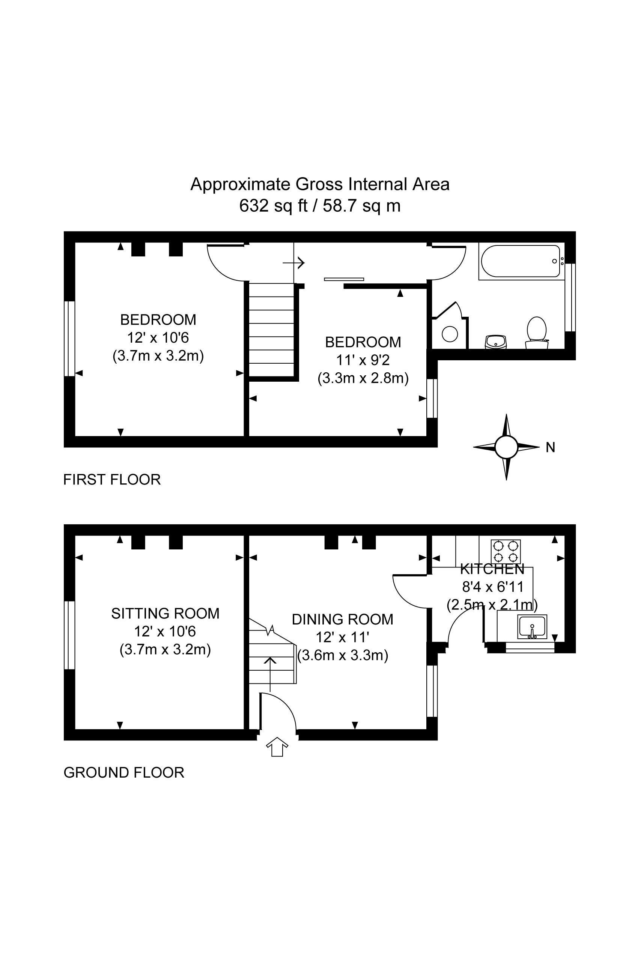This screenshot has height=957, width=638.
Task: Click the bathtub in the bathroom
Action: pyautogui.click(x=521, y=261)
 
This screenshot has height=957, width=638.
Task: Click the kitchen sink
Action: pyautogui.click(x=532, y=627)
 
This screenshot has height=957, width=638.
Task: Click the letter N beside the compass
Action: pyautogui.click(x=550, y=448)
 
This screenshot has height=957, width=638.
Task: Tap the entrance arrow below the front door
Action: pyautogui.click(x=277, y=746)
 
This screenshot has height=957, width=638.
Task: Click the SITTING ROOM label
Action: pyautogui.click(x=165, y=613)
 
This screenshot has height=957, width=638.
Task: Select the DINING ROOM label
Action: pyautogui.click(x=343, y=619)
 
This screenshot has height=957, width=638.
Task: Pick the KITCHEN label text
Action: pyautogui.click(x=492, y=569)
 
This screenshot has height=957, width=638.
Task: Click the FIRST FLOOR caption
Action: pyautogui.click(x=112, y=480)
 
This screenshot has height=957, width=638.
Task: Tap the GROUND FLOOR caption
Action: pyautogui.click(x=124, y=772)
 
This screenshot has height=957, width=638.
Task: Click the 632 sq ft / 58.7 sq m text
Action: pyautogui.click(x=320, y=206)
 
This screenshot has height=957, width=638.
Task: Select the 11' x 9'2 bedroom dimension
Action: pyautogui.click(x=363, y=360)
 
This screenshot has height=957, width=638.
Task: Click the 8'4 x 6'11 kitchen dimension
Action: pyautogui.click(x=492, y=587)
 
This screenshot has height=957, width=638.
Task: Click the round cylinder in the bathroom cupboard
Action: pyautogui.click(x=450, y=334)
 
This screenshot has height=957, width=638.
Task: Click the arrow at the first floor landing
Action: pyautogui.click(x=294, y=263)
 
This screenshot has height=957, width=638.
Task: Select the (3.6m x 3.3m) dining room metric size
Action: pyautogui.click(x=343, y=656)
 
